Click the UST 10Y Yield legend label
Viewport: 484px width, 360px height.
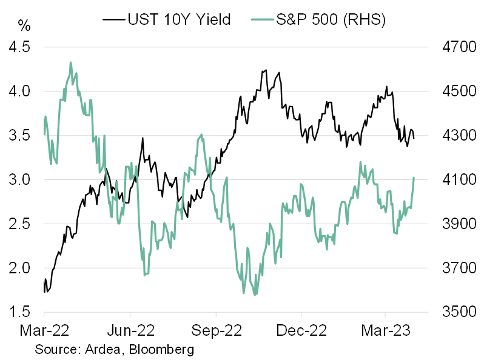178,20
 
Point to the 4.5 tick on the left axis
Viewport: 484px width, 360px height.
22,47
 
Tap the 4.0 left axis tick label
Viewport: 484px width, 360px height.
22,92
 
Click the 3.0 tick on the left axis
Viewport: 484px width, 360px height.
22,180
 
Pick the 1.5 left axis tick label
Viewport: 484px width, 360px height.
22,312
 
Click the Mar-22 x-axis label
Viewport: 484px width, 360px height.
44,332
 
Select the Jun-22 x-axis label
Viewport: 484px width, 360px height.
130,332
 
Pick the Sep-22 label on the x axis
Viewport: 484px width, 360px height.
216,332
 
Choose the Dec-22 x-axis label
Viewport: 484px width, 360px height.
301,332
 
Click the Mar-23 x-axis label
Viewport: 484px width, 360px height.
386,332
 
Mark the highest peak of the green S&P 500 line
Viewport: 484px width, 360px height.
71,62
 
